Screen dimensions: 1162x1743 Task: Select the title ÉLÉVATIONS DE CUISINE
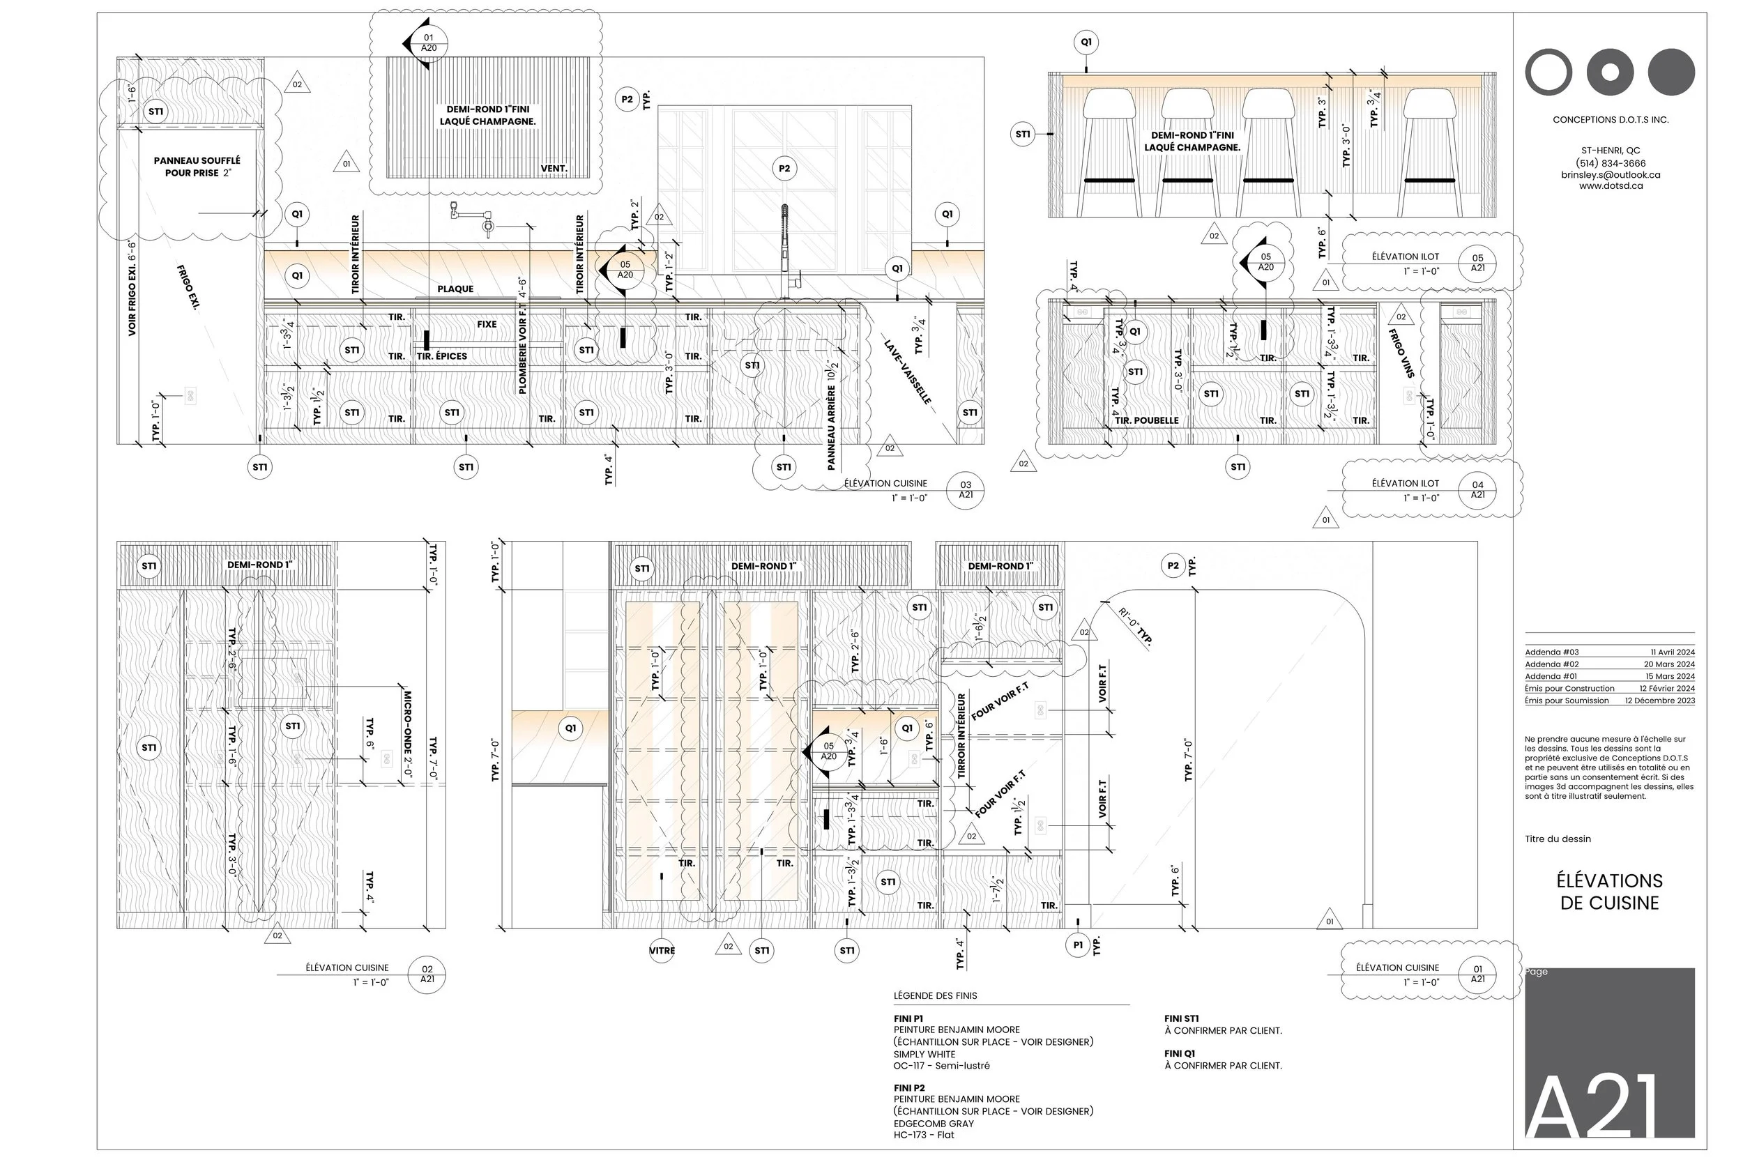point(1609,892)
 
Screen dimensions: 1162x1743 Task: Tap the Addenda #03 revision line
point(1609,652)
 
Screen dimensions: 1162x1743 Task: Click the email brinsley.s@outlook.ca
point(1611,175)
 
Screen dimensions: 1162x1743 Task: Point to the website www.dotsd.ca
point(1611,186)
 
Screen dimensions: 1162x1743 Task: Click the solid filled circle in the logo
point(1671,72)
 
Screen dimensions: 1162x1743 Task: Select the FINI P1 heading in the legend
point(908,1018)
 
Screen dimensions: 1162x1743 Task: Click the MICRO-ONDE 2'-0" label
point(407,734)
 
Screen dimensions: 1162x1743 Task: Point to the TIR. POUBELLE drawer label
point(1146,420)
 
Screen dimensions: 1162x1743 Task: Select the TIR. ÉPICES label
point(442,356)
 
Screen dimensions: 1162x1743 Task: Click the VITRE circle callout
point(662,950)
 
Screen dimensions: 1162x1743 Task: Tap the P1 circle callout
point(1077,945)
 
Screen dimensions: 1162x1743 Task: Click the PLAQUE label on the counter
point(455,289)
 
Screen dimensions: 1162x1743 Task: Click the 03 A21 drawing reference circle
point(966,490)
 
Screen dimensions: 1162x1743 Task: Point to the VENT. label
point(554,169)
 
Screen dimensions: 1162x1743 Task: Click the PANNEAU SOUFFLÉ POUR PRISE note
point(197,167)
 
